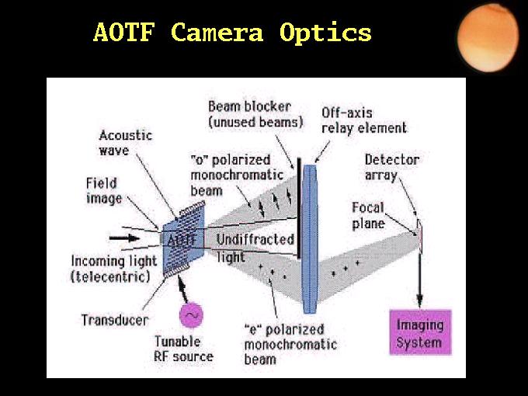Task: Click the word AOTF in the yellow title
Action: click(x=124, y=33)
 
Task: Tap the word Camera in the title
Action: click(x=217, y=33)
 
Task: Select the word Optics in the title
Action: click(x=325, y=33)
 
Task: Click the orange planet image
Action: click(x=488, y=38)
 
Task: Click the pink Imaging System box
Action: click(x=420, y=332)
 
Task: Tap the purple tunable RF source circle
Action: click(x=191, y=315)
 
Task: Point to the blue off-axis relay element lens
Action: click(x=310, y=239)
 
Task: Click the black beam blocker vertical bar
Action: click(x=299, y=208)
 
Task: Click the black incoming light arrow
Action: click(x=124, y=238)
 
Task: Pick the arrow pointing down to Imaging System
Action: click(x=419, y=280)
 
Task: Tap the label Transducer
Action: click(x=115, y=320)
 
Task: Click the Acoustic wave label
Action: click(x=126, y=143)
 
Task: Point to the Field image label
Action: click(x=104, y=191)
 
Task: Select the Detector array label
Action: click(x=392, y=168)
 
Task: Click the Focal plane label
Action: click(x=368, y=216)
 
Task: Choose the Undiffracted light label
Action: click(x=255, y=248)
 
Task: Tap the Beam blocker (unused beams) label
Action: click(x=255, y=114)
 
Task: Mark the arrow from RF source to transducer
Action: click(x=182, y=289)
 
